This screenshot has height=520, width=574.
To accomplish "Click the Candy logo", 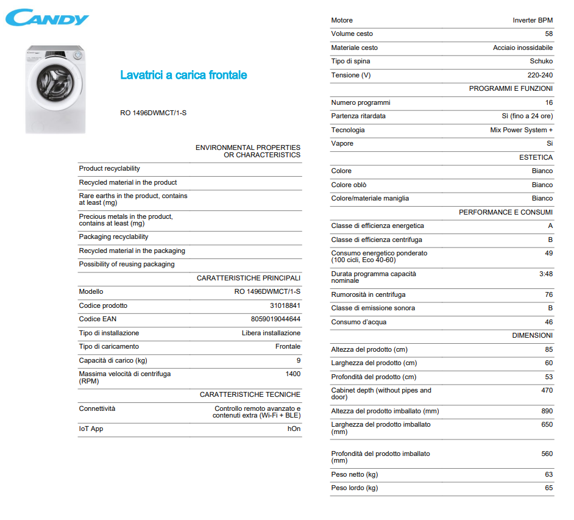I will coord(47,17).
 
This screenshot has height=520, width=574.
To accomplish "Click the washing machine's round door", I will coord(53,82).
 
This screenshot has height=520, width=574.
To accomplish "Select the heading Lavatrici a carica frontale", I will coord(183,75).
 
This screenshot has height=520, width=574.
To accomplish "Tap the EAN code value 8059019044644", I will coord(275,319).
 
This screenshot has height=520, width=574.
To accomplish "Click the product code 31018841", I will coord(285,305).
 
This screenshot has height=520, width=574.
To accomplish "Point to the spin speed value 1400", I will coord(292,374).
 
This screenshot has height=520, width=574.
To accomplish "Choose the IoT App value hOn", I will coord(294,429).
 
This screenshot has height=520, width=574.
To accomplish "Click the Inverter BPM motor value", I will coord(533,20).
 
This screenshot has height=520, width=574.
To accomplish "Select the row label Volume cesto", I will coord(352,34).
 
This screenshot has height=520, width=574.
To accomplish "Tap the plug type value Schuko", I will coord(541,61).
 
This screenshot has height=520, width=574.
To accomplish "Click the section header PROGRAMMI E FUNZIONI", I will coord(511,88).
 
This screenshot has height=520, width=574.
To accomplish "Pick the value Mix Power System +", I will coord(521,130).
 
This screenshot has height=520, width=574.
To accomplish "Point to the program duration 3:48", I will coord(546,274).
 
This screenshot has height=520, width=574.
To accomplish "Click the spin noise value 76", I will coord(548,294).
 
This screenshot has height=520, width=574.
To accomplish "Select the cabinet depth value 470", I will coord(547,390).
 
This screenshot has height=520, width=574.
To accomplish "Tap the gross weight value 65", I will coord(548,488).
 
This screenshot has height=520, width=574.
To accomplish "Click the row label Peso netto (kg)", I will coord(354,474).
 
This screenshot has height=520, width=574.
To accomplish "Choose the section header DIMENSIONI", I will coord(532,335).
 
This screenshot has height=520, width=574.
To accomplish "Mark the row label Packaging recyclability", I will coord(113,237).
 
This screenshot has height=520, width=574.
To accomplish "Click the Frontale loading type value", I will coord(288,346).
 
